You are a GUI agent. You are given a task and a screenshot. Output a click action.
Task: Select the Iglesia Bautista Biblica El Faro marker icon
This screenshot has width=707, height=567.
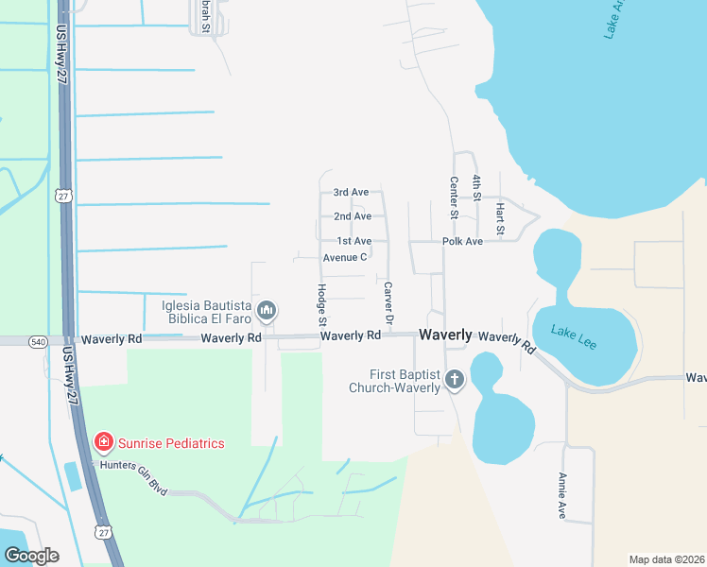[267, 310]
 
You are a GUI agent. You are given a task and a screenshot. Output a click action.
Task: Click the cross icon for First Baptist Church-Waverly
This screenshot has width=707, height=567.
[455, 380]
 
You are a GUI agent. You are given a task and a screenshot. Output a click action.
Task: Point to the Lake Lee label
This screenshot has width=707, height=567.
[575, 337]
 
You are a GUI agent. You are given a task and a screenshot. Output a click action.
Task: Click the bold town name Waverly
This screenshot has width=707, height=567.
[445, 335]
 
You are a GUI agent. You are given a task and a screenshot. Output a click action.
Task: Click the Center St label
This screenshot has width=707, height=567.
[454, 198]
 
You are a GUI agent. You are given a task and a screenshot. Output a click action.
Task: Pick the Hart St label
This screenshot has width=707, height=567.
[500, 218]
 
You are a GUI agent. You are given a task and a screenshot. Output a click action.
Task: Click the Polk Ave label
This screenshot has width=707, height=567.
[462, 242]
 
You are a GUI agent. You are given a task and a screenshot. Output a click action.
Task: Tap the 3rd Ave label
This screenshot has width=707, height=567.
[350, 193]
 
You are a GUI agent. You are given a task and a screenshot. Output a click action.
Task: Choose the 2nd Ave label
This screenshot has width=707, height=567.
[353, 216]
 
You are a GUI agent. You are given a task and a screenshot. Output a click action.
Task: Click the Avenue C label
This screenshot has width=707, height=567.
[344, 257]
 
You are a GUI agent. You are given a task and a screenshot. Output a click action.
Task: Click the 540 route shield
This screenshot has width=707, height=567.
[38, 339]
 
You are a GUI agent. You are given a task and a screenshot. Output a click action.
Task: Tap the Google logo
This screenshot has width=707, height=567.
[30, 555]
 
